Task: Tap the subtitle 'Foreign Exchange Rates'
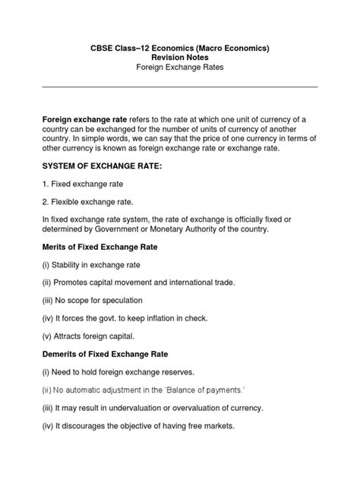click(179, 68)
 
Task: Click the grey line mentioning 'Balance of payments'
click(144, 390)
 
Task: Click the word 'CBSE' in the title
click(103, 48)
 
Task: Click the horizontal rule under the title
click(179, 87)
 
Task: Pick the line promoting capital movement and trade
click(138, 282)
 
